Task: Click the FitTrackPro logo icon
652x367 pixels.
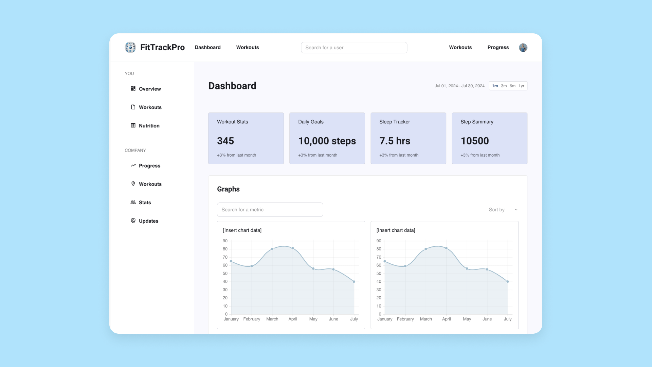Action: point(130,48)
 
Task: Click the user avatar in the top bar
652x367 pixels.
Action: point(523,48)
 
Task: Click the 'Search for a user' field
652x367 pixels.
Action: point(354,48)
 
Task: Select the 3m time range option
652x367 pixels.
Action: point(504,86)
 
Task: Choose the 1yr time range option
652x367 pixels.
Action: point(521,86)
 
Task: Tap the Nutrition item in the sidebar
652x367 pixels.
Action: point(149,126)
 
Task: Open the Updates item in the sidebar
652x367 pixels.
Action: point(148,221)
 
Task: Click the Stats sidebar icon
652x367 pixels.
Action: point(133,202)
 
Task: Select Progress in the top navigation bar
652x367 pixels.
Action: point(498,48)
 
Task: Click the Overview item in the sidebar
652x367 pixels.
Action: point(149,89)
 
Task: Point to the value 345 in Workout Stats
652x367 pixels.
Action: point(225,141)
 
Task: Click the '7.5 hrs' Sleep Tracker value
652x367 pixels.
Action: point(395,141)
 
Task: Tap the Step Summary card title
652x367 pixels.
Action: point(477,122)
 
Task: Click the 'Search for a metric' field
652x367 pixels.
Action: point(270,210)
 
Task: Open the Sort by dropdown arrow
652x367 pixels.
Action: point(516,210)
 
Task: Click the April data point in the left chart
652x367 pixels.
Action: point(293,248)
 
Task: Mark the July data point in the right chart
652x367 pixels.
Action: point(508,282)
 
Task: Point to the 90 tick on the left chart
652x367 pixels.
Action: point(225,241)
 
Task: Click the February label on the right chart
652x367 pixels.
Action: point(405,319)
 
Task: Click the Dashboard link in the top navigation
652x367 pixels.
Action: point(207,48)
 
